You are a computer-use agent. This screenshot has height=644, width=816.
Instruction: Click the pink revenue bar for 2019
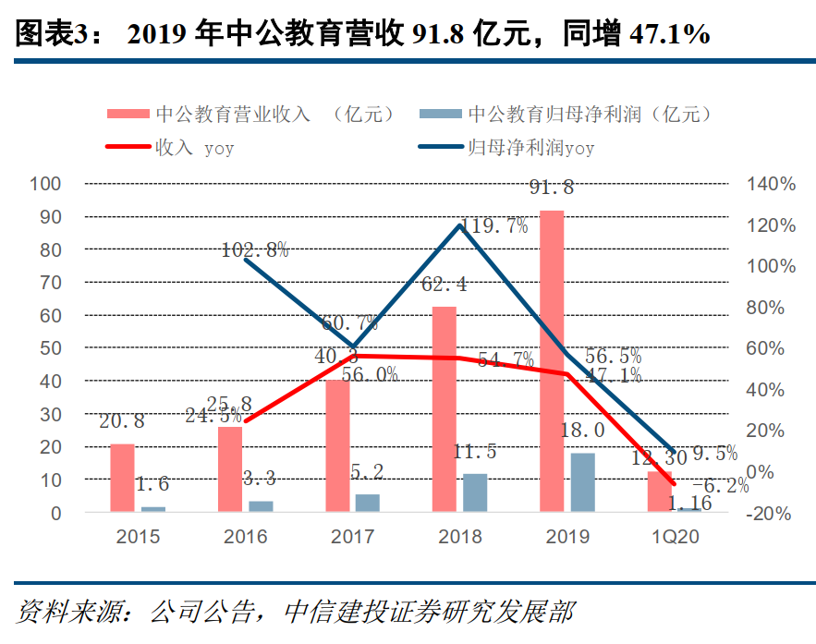(x=552, y=360)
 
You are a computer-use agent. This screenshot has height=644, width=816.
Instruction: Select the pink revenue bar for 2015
(x=122, y=478)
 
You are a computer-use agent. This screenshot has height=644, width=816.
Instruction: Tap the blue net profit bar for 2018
(x=475, y=492)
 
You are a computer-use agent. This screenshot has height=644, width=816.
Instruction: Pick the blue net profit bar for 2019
(x=582, y=481)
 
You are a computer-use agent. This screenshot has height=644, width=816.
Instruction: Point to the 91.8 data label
(x=552, y=188)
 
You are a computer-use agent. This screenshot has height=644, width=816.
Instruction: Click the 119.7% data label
(x=493, y=225)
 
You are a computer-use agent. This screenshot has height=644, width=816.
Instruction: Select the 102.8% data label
(x=256, y=249)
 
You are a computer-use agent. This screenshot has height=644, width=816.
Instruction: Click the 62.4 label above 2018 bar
(x=444, y=285)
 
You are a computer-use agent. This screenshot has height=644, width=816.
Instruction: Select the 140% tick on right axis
(x=771, y=184)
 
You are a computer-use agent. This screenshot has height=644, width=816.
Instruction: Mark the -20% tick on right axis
(x=771, y=513)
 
